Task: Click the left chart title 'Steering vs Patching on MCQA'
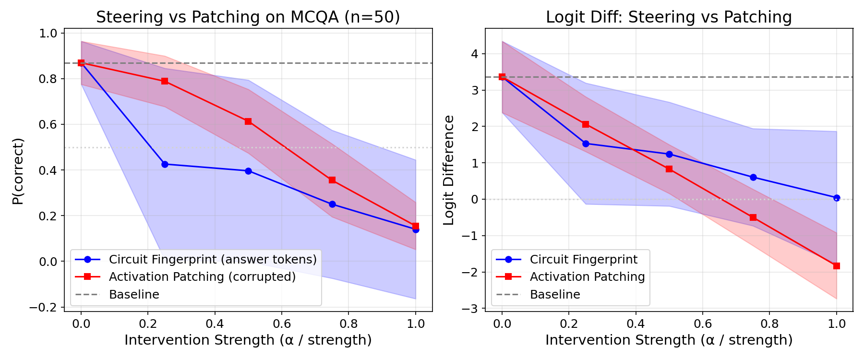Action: (x=248, y=17)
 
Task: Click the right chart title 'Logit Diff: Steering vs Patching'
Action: (x=669, y=17)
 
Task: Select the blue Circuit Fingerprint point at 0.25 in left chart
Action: (x=165, y=164)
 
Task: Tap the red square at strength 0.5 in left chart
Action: (x=248, y=121)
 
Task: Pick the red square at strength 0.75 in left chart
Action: (x=332, y=180)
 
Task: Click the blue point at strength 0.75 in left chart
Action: (x=332, y=204)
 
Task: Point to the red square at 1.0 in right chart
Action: (x=837, y=266)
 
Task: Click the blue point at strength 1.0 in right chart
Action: (x=837, y=198)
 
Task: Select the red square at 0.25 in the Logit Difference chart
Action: (x=586, y=124)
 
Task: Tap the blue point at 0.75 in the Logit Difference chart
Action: (x=753, y=177)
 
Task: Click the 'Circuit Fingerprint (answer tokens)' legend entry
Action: (x=213, y=260)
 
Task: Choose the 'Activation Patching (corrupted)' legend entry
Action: (x=202, y=277)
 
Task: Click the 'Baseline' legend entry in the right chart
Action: (x=555, y=295)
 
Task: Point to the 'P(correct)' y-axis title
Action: (x=18, y=171)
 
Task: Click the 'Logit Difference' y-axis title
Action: (x=449, y=170)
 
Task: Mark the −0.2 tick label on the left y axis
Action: (x=43, y=308)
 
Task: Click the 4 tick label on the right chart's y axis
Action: (x=475, y=54)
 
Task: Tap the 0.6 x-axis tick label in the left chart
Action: (x=282, y=324)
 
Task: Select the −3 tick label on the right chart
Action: (x=470, y=309)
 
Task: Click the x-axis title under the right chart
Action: (x=669, y=340)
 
